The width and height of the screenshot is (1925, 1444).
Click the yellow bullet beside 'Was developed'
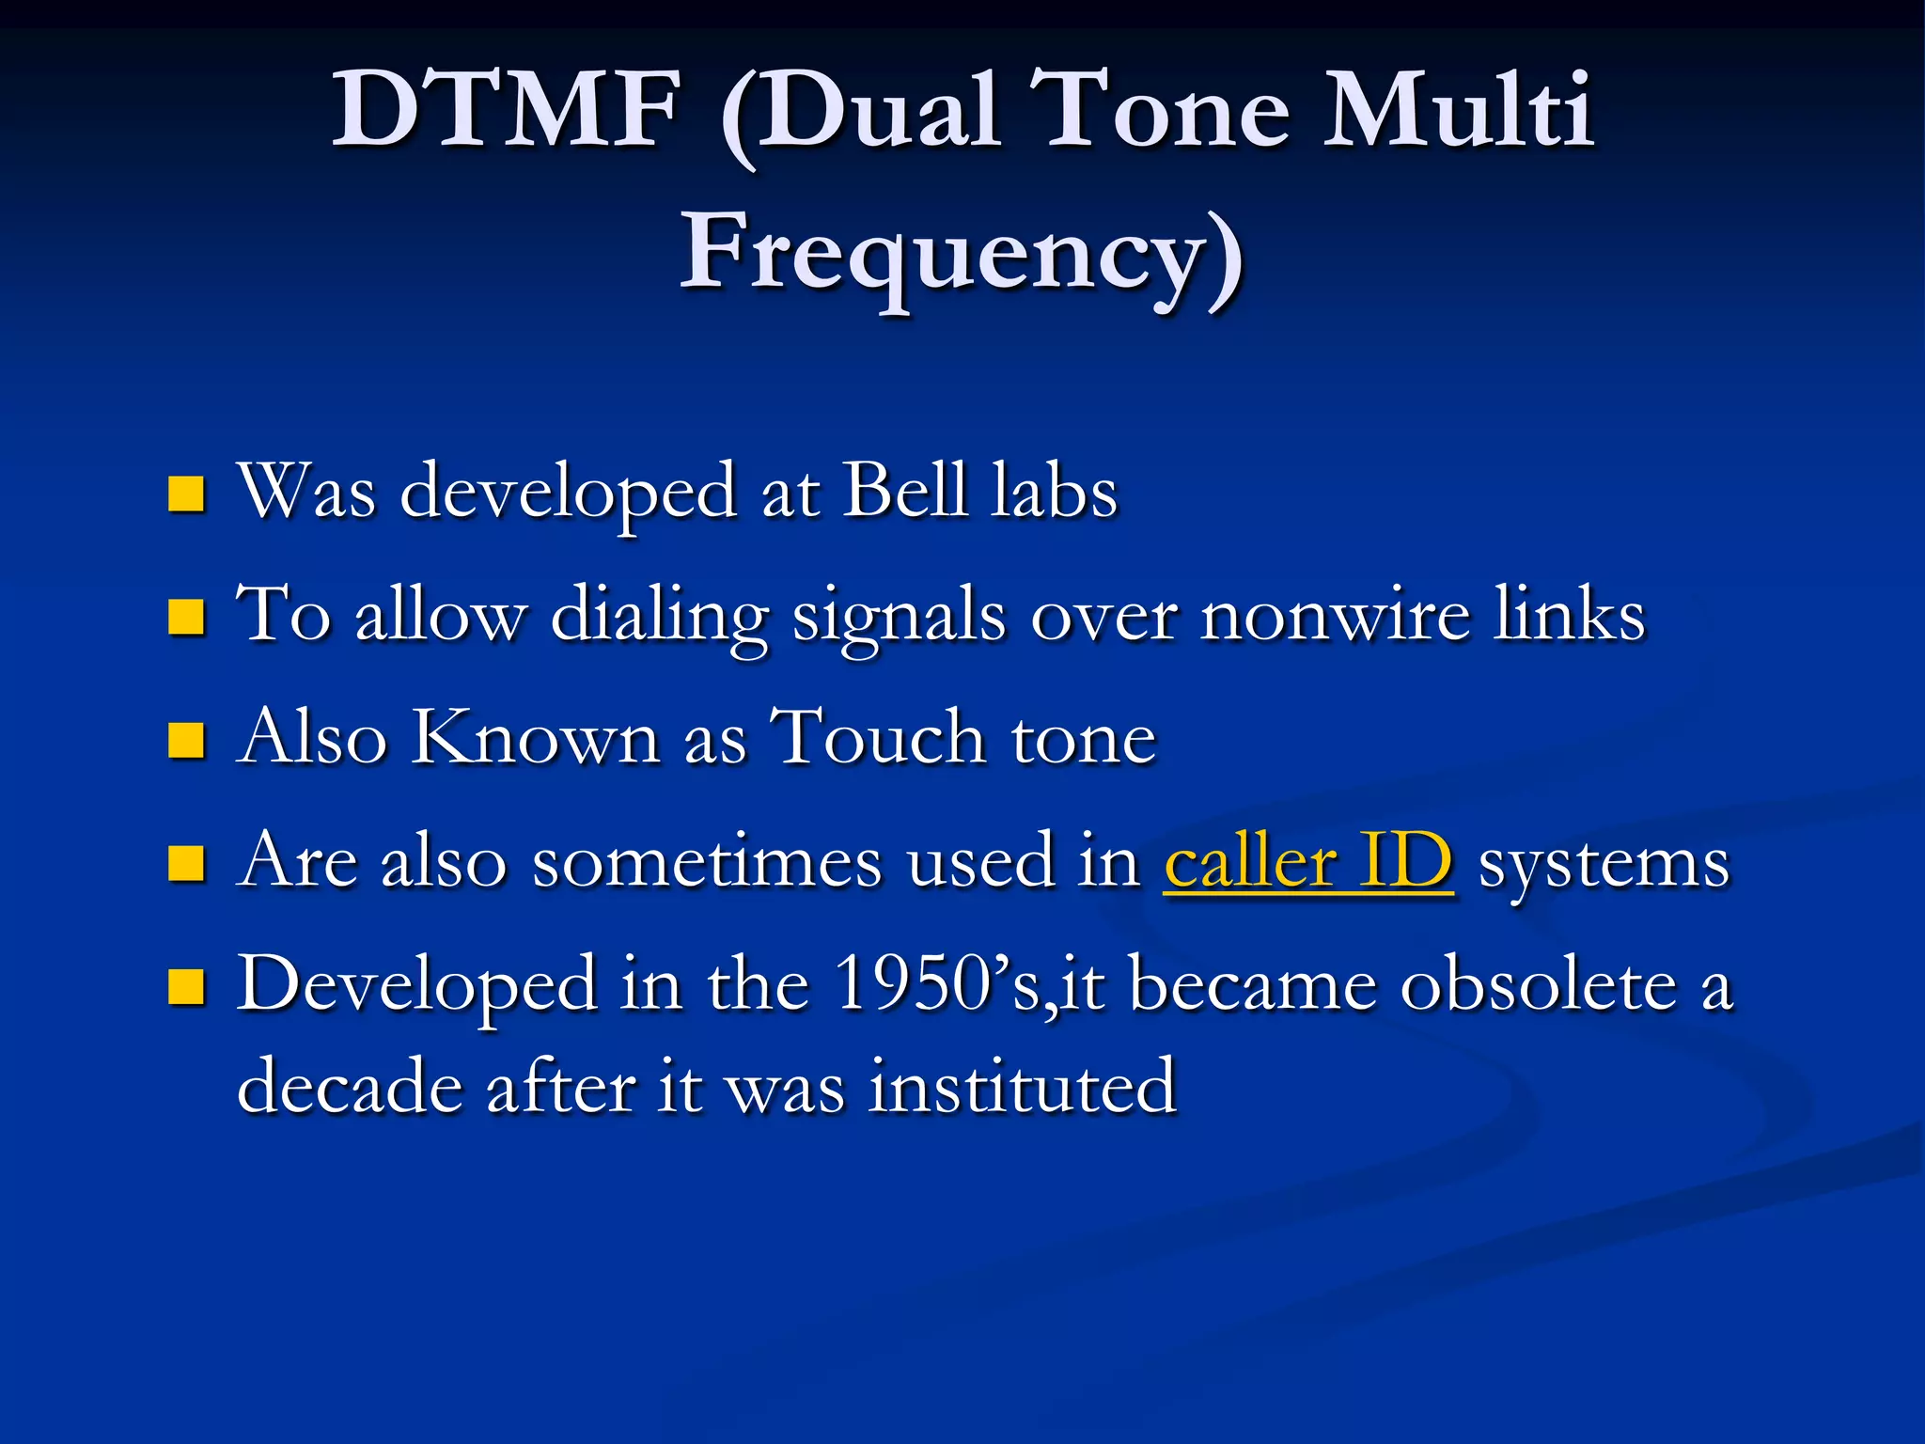point(186,494)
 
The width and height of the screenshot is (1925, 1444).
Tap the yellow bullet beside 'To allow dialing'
point(186,617)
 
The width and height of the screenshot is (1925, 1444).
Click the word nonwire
point(1335,616)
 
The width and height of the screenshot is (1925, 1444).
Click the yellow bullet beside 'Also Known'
point(186,740)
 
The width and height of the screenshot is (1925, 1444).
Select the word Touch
point(878,738)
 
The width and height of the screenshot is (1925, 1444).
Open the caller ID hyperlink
point(1307,862)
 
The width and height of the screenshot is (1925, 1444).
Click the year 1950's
point(937,984)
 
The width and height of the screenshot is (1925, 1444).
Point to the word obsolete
point(1539,985)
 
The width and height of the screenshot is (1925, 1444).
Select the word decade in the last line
point(350,1087)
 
